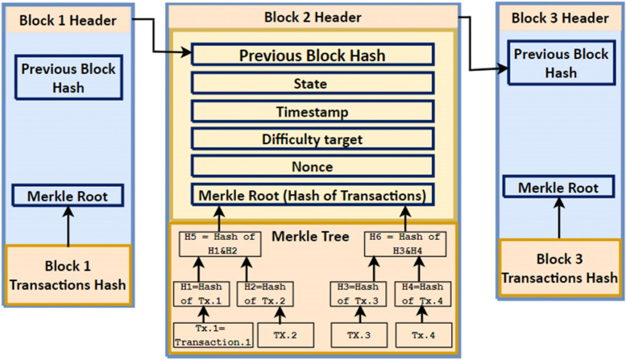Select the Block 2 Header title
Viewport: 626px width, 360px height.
(313, 17)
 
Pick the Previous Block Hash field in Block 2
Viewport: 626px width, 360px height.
(313, 56)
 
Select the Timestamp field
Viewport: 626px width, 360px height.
(313, 112)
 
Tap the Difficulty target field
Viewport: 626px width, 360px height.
(313, 139)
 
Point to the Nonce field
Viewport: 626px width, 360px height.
(313, 167)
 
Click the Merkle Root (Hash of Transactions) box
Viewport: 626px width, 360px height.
(313, 195)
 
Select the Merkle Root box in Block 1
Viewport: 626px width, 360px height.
(68, 196)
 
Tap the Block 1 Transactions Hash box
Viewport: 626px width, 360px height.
(68, 275)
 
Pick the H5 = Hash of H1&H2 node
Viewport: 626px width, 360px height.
(219, 243)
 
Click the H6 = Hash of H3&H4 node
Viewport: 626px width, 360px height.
(404, 243)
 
